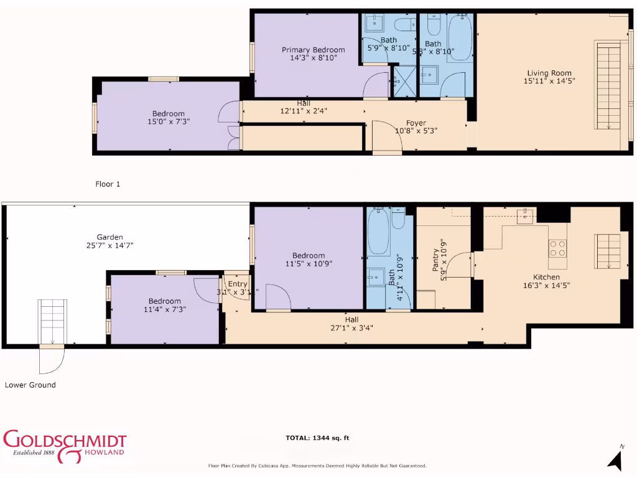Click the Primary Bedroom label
(313, 50)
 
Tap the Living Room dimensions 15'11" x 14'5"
(548, 81)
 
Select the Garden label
(109, 237)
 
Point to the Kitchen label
(546, 277)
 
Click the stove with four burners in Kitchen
(558, 248)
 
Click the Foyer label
(416, 123)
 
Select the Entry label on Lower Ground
(237, 284)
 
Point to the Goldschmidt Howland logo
(65, 446)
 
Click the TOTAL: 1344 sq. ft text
(317, 438)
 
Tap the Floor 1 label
(108, 184)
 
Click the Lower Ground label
(30, 385)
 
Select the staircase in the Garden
(52, 321)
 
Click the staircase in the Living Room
(608, 85)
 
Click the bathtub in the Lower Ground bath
(378, 233)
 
